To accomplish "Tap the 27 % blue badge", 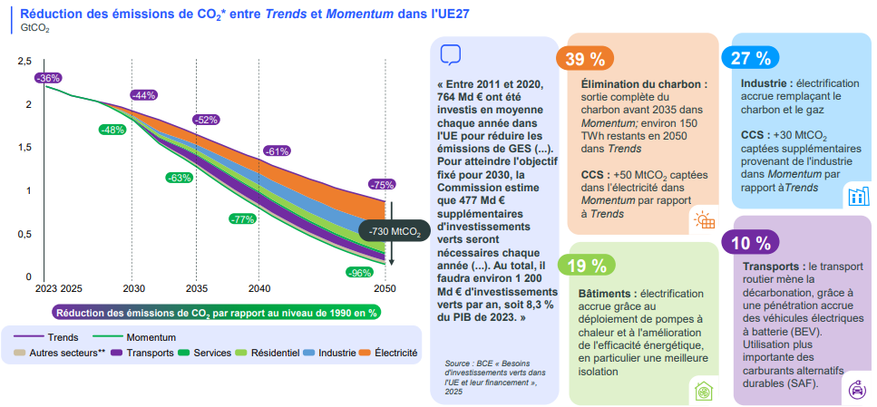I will click(x=750, y=58).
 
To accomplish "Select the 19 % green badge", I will click(x=585, y=266).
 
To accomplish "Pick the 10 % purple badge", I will click(x=750, y=242).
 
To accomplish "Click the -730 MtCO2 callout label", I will click(x=395, y=232).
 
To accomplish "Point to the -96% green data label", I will click(x=360, y=272).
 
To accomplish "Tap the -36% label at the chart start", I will click(x=48, y=78).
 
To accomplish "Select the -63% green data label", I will click(x=179, y=178).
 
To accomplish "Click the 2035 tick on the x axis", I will click(x=196, y=288).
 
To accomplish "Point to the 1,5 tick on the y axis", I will click(x=24, y=147).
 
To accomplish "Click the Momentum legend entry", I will click(x=132, y=336).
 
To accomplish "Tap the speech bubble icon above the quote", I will click(x=451, y=54).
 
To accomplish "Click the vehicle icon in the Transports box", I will click(x=855, y=389).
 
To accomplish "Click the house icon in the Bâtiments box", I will click(x=702, y=392).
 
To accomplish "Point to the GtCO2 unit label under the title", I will click(x=35, y=29).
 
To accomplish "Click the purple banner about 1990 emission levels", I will click(x=217, y=313).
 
